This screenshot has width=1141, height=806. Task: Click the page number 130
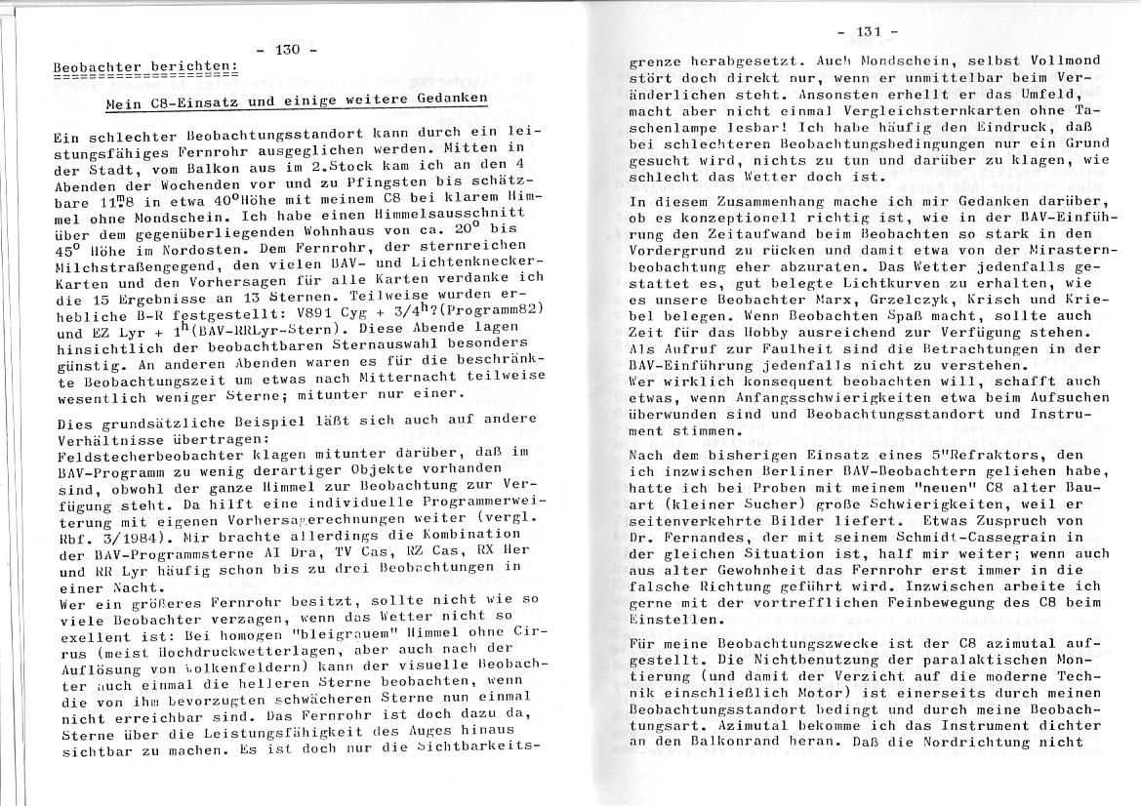[x=288, y=49]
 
